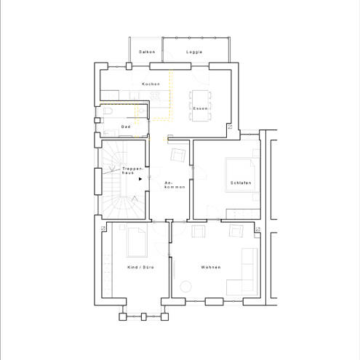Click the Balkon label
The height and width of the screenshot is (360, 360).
tap(147, 52)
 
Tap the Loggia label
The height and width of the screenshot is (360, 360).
tap(194, 52)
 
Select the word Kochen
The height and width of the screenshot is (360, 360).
tap(151, 84)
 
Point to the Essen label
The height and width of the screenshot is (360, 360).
tap(200, 108)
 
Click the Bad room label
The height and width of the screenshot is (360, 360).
tap(126, 127)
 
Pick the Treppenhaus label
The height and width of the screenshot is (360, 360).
tap(132, 170)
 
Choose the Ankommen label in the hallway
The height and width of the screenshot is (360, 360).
tap(175, 185)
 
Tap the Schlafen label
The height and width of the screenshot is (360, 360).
tap(241, 183)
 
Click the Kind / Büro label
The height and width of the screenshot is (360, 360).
tap(140, 267)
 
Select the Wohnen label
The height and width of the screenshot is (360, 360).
tap(211, 267)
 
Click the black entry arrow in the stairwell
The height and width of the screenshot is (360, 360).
tap(140, 179)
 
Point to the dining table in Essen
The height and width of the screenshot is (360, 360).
tap(200, 105)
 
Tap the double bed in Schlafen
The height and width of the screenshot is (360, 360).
tap(240, 175)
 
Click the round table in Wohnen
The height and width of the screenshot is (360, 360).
tap(185, 287)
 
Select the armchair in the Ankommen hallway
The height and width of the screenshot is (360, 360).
tap(178, 155)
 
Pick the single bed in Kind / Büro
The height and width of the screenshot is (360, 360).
tap(137, 242)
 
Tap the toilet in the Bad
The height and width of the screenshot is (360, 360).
tap(108, 111)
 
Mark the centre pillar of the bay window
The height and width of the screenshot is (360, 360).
tap(143, 316)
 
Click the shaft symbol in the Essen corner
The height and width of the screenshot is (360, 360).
tap(230, 127)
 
